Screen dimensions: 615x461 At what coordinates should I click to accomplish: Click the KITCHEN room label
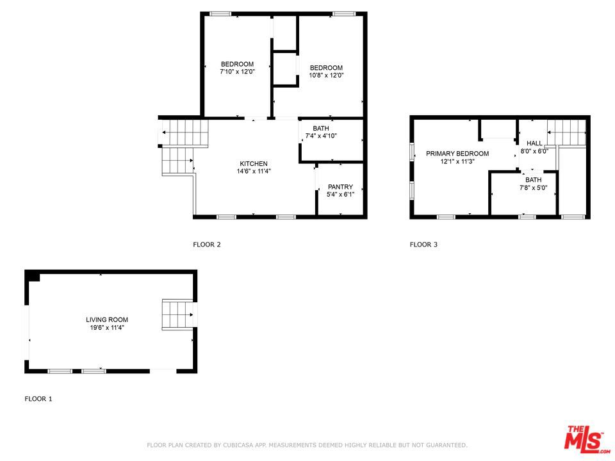coord(254,163)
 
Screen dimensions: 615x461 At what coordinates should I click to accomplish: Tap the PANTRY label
coord(340,186)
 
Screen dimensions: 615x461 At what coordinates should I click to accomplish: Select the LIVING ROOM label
coord(107,319)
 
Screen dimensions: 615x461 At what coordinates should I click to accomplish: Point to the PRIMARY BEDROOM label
coord(457,153)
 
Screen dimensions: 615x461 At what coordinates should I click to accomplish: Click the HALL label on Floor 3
coord(534,143)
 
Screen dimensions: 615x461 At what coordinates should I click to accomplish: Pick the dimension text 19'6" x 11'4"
coord(107,327)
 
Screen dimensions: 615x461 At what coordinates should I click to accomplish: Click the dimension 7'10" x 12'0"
coord(237,72)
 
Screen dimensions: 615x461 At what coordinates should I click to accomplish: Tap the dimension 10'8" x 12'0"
coord(326,76)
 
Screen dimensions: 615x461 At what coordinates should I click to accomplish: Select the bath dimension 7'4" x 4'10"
coord(321,136)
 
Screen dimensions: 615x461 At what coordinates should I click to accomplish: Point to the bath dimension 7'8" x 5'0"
coord(534,188)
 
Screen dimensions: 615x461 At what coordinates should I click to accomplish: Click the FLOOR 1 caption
coord(38,399)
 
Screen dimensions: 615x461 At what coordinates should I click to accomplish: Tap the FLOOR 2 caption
coord(207,245)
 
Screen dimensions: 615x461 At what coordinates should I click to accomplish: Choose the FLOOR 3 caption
coord(423,245)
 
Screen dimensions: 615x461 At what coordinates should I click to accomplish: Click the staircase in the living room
coord(177,315)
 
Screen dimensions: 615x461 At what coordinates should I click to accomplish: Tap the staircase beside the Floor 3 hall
coord(566,133)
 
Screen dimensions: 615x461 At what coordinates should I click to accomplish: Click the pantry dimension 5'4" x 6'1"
coord(340,195)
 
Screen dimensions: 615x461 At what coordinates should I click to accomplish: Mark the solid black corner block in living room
coord(33,277)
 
